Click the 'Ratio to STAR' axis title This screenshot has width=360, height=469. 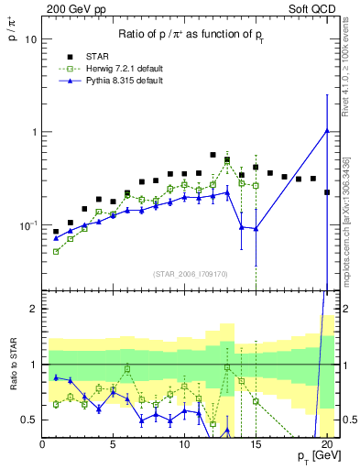point(12,387)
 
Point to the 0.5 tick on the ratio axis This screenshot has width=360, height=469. point(28,420)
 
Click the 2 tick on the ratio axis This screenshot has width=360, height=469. point(33,309)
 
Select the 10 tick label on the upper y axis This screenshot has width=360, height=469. point(29,39)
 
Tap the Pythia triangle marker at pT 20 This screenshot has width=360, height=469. point(327,130)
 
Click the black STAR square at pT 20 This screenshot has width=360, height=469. point(327,192)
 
